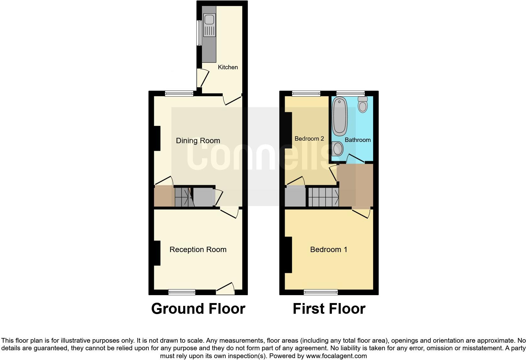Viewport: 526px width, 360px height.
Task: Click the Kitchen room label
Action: coord(228,67)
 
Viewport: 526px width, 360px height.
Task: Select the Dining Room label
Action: coord(198,141)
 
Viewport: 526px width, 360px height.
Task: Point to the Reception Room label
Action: coord(198,250)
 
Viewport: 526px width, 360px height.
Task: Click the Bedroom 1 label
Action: coord(329,250)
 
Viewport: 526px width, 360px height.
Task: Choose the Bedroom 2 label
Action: coord(309,139)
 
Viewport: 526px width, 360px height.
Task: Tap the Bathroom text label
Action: coord(358,140)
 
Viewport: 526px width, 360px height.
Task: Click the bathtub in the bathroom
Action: coord(340,116)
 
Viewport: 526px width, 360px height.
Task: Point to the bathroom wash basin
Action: coord(337,149)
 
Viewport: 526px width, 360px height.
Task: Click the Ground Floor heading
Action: coord(198,309)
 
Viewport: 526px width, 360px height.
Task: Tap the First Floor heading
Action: coord(329,309)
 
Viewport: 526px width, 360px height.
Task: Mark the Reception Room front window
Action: coord(182,292)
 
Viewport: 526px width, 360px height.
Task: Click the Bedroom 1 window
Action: coord(321,292)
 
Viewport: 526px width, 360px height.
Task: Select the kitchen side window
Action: coord(199,33)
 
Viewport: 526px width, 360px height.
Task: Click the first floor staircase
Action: coord(323,197)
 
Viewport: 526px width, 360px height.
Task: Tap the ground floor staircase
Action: coord(184,197)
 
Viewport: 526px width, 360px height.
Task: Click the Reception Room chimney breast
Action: coord(157,253)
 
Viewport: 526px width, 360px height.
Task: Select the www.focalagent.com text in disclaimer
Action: coord(336,356)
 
